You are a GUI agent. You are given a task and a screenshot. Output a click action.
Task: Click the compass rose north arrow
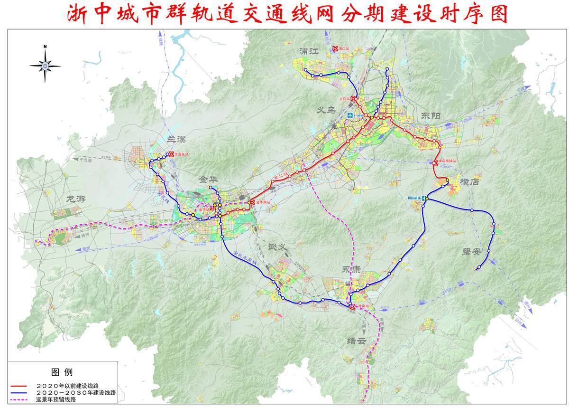point(45,64)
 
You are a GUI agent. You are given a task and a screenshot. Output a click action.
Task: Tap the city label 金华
point(209,180)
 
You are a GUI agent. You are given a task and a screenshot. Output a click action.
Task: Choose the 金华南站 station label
point(262,202)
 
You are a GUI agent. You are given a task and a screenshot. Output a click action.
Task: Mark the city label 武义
point(279,247)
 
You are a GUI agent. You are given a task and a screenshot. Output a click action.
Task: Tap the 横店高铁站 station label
point(448,161)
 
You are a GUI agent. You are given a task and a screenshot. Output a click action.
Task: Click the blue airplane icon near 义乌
point(350,115)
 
